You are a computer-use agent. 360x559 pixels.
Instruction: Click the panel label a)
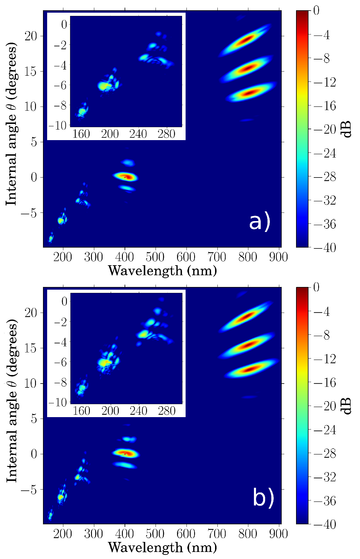[259, 222]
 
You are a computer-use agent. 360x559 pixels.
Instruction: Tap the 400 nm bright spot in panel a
[125, 177]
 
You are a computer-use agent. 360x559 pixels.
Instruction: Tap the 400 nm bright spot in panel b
[125, 453]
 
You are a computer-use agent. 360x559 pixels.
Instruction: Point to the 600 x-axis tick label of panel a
[186, 257]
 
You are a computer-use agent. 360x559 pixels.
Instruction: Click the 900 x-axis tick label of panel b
[278, 533]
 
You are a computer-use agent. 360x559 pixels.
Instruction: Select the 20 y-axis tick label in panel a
[30, 36]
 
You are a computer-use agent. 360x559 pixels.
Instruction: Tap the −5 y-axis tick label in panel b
[29, 489]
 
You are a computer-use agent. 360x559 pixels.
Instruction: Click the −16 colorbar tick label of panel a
[324, 106]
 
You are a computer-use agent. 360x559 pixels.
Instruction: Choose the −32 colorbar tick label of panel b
[324, 477]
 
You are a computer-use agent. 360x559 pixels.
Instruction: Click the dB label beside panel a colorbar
[348, 129]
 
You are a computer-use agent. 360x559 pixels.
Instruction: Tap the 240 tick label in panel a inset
[138, 134]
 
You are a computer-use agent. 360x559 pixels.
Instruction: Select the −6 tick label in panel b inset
[60, 362]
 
